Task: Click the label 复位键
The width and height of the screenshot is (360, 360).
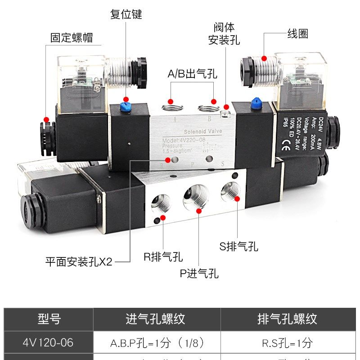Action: pyautogui.click(x=126, y=14)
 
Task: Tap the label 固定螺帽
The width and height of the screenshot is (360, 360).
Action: pyautogui.click(x=72, y=37)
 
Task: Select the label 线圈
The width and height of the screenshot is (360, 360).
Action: pyautogui.click(x=298, y=34)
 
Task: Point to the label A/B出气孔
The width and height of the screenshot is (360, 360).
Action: pyautogui.click(x=192, y=74)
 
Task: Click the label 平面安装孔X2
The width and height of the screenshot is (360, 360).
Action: pyautogui.click(x=79, y=261)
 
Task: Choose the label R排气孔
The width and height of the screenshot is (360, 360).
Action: pyautogui.click(x=163, y=257)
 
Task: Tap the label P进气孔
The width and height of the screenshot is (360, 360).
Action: pyautogui.click(x=199, y=273)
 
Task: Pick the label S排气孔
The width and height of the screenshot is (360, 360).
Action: pyautogui.click(x=239, y=246)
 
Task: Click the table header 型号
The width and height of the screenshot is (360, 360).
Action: pyautogui.click(x=49, y=319)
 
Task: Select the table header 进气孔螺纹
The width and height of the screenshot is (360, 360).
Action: pyautogui.click(x=155, y=319)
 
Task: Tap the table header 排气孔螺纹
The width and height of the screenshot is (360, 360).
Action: pyautogui.click(x=287, y=319)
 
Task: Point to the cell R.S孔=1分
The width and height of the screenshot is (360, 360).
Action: pyautogui.click(x=287, y=343)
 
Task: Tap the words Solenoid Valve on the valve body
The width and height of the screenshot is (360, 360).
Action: pyautogui.click(x=203, y=131)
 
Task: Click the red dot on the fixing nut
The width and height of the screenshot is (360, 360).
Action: pyautogui.click(x=45, y=119)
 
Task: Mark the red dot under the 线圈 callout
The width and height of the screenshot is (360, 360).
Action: pyautogui.click(x=264, y=58)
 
